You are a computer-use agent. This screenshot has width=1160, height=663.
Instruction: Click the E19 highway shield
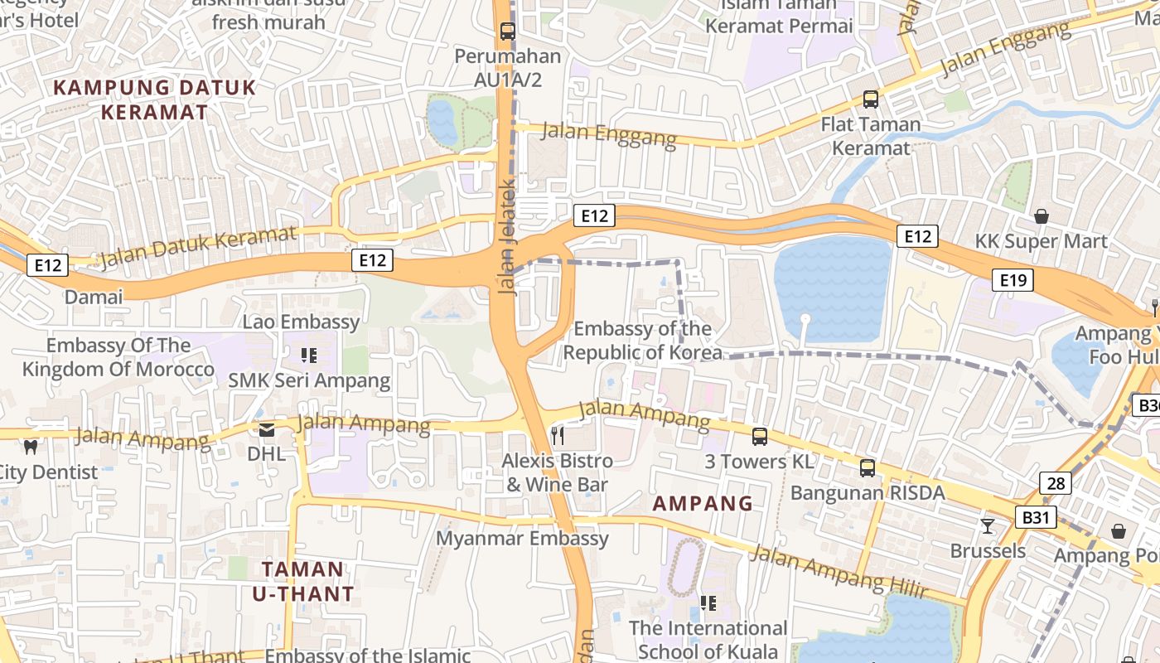(1013, 280)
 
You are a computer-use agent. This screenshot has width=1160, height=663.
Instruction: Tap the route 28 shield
(1056, 483)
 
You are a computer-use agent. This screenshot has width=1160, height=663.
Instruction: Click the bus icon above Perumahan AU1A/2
(507, 32)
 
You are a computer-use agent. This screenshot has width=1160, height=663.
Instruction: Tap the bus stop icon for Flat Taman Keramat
(870, 99)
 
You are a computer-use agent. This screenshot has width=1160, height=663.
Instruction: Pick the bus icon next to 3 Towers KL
(759, 436)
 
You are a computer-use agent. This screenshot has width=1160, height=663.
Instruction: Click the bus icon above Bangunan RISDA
(868, 468)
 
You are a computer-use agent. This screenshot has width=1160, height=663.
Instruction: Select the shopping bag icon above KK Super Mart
(1042, 216)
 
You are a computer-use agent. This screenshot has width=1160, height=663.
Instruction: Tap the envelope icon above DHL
(267, 429)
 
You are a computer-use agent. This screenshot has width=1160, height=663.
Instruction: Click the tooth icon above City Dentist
(31, 448)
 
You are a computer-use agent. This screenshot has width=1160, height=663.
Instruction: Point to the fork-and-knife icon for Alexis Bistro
(558, 435)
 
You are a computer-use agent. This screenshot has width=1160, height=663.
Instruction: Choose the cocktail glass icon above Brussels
(987, 525)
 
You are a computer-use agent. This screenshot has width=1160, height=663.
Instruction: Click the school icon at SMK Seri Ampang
(309, 356)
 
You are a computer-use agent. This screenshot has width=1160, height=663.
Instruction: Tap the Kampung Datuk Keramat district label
(155, 99)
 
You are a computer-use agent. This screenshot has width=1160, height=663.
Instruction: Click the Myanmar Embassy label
(522, 539)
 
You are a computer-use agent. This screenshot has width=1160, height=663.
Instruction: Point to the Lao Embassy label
(301, 322)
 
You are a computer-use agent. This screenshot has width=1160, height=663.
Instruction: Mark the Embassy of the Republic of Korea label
(642, 341)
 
